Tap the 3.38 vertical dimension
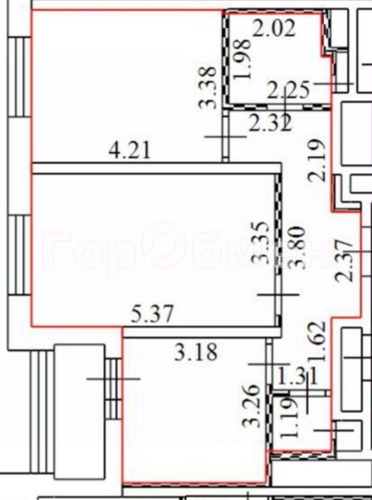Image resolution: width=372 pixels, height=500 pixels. (x=207, y=88)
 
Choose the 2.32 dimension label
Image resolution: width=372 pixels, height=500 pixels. (x=270, y=123)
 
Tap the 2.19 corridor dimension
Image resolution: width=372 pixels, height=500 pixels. (x=318, y=162)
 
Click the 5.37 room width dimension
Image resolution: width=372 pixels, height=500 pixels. (x=152, y=315)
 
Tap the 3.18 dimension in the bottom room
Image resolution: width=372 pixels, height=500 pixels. (x=196, y=352)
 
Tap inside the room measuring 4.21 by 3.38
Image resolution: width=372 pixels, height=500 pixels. (x=122, y=83)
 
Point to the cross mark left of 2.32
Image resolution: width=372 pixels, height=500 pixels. (x=225, y=137)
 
